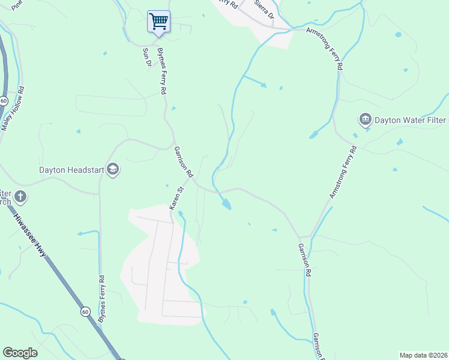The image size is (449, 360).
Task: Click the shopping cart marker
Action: (x=158, y=22)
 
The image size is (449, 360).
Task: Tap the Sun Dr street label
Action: (x=145, y=58)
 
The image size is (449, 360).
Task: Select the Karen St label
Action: (x=176, y=197)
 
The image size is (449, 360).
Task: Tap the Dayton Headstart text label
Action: (x=71, y=170)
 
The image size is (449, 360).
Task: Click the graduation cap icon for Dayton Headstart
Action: (x=113, y=170)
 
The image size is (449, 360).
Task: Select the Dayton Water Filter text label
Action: (x=411, y=119)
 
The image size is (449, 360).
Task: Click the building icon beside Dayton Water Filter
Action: (x=365, y=119)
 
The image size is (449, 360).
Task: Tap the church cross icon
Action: (x=20, y=196)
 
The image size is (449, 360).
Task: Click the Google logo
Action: (x=20, y=353)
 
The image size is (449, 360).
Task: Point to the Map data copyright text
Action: (x=423, y=355)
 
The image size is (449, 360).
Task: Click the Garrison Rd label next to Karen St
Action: (x=184, y=161)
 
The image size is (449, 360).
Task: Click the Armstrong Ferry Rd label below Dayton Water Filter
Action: (x=343, y=171)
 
